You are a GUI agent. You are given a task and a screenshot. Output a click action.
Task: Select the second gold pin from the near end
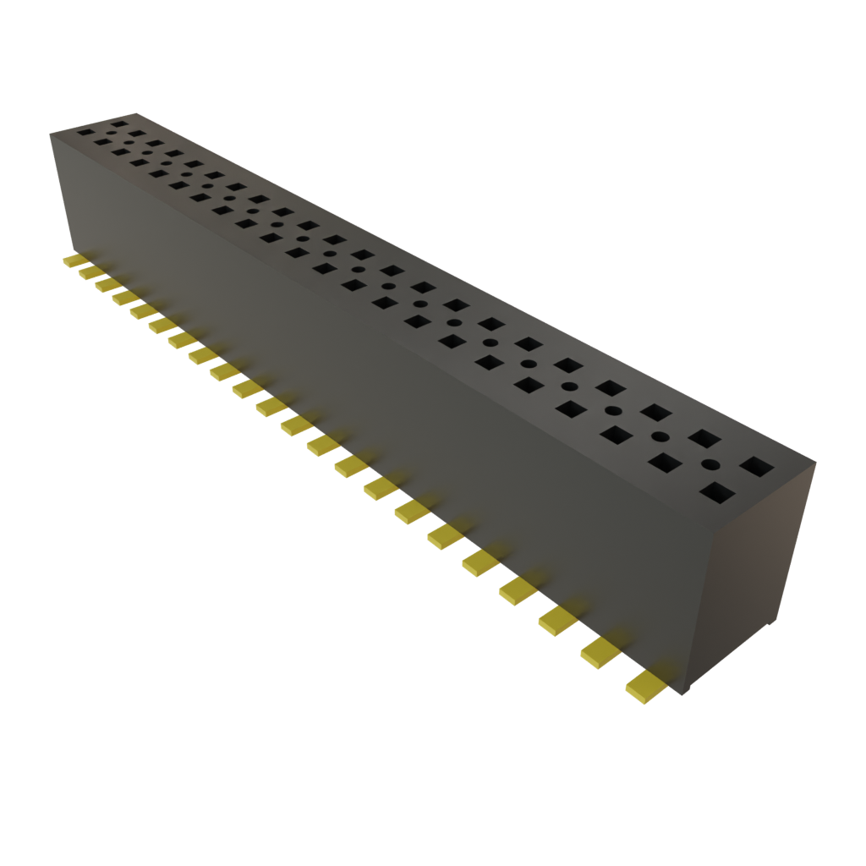[x=600, y=649]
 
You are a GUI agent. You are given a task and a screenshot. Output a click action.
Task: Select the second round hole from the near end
[x=660, y=436]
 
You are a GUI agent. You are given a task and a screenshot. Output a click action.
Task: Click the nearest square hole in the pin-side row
[x=717, y=492]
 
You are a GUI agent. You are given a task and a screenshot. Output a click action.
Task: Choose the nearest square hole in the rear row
[x=755, y=466]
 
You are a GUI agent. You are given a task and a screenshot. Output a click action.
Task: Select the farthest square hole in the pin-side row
[x=85, y=132]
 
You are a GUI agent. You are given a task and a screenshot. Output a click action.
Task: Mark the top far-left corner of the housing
[x=52, y=131]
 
